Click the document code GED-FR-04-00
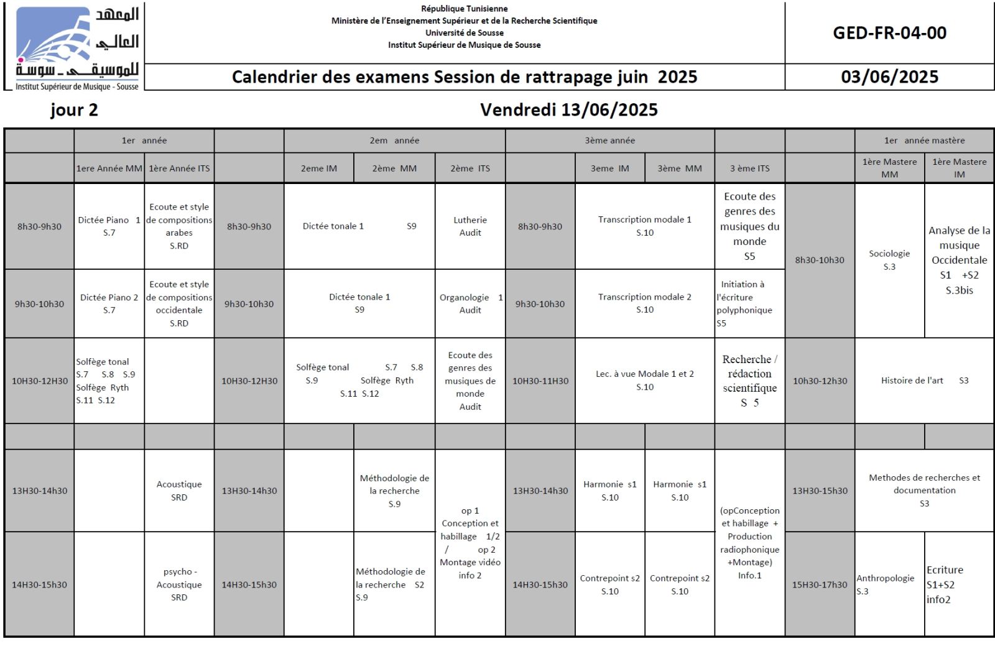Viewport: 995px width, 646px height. click(889, 33)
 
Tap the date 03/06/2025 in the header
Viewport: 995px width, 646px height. click(889, 77)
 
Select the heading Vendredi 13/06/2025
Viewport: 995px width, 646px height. click(568, 110)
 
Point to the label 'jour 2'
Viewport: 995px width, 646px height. click(74, 110)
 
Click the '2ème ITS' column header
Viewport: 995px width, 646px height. click(470, 168)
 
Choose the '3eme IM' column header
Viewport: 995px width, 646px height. click(609, 168)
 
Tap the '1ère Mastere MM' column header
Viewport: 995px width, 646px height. click(889, 168)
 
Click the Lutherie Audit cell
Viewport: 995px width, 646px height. click(470, 226)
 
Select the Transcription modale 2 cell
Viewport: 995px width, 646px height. click(644, 303)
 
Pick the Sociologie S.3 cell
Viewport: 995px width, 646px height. click(889, 260)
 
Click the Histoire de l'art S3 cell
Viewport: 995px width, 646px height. click(924, 381)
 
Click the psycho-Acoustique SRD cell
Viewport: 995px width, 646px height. click(179, 584)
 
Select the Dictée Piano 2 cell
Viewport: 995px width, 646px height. click(109, 303)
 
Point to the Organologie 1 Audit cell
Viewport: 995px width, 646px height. click(470, 303)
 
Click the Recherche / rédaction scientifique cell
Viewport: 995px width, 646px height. click(749, 381)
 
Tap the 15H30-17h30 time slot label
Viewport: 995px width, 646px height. click(819, 584)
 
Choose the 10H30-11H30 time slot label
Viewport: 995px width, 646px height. click(540, 381)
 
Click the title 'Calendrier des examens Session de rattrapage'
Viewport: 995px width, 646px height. click(464, 77)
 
